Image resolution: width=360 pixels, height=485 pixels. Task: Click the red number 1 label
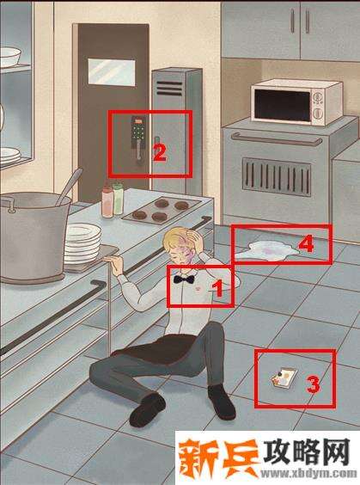coord(218,288)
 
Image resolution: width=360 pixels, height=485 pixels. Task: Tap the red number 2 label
coord(160,153)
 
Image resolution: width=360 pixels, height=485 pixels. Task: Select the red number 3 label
coord(313,384)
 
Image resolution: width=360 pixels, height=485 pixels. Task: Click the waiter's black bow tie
coord(184,279)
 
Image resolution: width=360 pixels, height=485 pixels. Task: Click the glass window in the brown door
coord(112,71)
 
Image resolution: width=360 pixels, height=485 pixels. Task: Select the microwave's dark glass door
coord(283,106)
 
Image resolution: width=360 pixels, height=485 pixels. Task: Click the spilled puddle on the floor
coord(267,251)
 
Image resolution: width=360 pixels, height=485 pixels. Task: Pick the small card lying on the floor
coord(284,377)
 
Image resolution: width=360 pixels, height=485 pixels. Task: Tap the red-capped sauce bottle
coord(107,202)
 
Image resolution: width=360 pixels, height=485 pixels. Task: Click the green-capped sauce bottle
coord(118,199)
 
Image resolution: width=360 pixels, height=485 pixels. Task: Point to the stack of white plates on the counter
coord(82,243)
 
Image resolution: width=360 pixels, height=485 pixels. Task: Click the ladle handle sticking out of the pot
coord(69,186)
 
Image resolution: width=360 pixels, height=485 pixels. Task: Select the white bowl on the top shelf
coord(10,57)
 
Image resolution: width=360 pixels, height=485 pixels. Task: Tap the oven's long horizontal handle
coord(277,139)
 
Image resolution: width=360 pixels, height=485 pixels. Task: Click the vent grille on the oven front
coord(277,177)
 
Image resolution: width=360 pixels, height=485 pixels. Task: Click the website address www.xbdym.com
coord(308,474)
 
